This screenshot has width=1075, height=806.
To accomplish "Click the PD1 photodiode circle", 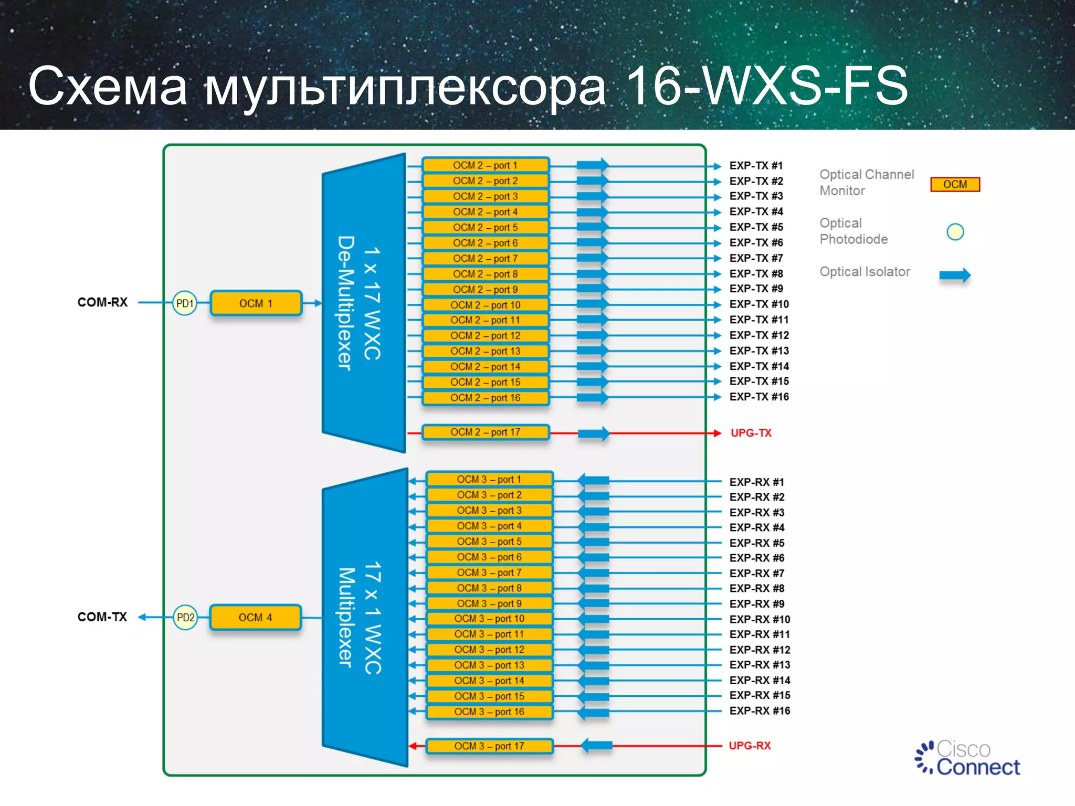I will pyautogui.click(x=185, y=303).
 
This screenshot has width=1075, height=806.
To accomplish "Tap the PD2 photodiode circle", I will pyautogui.click(x=185, y=618).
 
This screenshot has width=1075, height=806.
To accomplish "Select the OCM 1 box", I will pyautogui.click(x=256, y=303).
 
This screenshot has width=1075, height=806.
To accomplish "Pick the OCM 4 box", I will pyautogui.click(x=255, y=618).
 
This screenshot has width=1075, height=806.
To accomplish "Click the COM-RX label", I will pyautogui.click(x=102, y=302).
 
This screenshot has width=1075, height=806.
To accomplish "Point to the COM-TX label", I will pyautogui.click(x=102, y=617).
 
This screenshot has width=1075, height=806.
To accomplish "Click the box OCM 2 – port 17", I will pyautogui.click(x=485, y=432).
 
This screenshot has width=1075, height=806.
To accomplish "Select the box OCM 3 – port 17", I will pyautogui.click(x=489, y=746).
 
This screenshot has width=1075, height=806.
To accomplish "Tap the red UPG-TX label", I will pyautogui.click(x=751, y=433).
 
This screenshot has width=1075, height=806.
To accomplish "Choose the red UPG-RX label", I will pyautogui.click(x=750, y=746).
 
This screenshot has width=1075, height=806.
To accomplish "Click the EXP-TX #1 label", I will pyautogui.click(x=756, y=166).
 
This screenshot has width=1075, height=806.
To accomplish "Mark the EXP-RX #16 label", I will pyautogui.click(x=760, y=711).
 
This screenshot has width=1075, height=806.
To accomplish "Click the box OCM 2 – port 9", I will pyautogui.click(x=485, y=290).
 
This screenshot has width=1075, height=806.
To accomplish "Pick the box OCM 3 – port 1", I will pyautogui.click(x=489, y=480).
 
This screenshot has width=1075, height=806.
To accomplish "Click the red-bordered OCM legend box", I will pyautogui.click(x=955, y=185).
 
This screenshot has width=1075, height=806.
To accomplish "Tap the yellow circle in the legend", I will pyautogui.click(x=955, y=231).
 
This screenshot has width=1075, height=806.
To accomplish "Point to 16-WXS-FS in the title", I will pyautogui.click(x=766, y=86).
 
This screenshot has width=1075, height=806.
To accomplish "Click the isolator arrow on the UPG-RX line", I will pyautogui.click(x=597, y=745).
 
